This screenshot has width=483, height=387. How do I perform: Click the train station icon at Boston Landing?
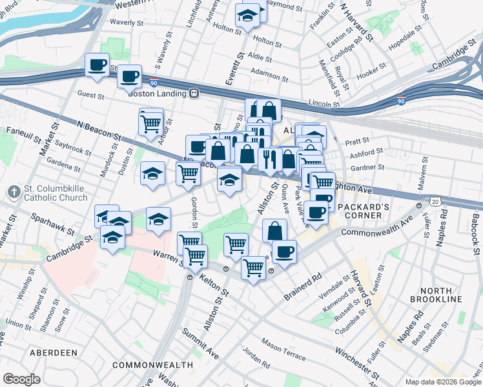click(x=193, y=93)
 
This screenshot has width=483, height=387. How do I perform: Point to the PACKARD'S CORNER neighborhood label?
click(x=362, y=207)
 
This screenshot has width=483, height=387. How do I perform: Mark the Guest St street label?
click(x=91, y=95)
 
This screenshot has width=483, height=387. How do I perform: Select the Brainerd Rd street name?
click(x=303, y=288)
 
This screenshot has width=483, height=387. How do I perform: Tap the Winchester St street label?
click(x=356, y=361)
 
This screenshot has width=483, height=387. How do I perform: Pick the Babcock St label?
click(x=475, y=232)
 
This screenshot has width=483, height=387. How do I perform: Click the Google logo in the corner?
click(x=21, y=379)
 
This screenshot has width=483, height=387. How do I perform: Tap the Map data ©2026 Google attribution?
click(x=442, y=382)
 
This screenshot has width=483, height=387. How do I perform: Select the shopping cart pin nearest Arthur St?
click(x=150, y=122)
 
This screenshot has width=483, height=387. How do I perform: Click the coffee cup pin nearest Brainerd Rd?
click(x=283, y=252)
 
